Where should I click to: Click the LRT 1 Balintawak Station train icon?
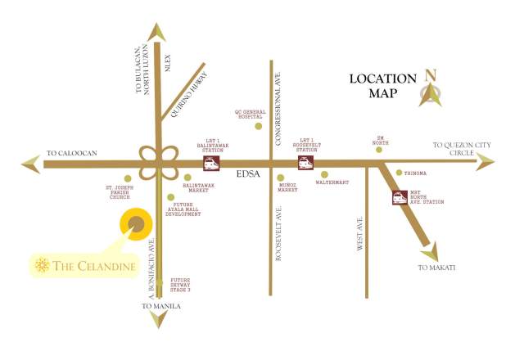click(211, 164)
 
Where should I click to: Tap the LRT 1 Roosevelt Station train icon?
click(308, 164)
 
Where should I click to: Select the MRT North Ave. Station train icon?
click(400, 197)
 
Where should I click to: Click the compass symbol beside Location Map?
click(431, 86)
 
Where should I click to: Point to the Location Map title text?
click(382, 86)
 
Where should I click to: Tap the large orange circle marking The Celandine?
click(136, 224)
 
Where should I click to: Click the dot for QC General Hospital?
click(258, 126)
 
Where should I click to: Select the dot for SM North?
click(377, 149)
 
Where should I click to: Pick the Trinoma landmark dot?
click(399, 173)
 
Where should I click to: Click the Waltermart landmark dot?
click(325, 174)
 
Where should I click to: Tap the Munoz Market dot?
click(281, 178)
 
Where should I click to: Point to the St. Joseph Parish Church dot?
click(127, 178)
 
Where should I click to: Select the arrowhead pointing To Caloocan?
click(31, 164)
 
